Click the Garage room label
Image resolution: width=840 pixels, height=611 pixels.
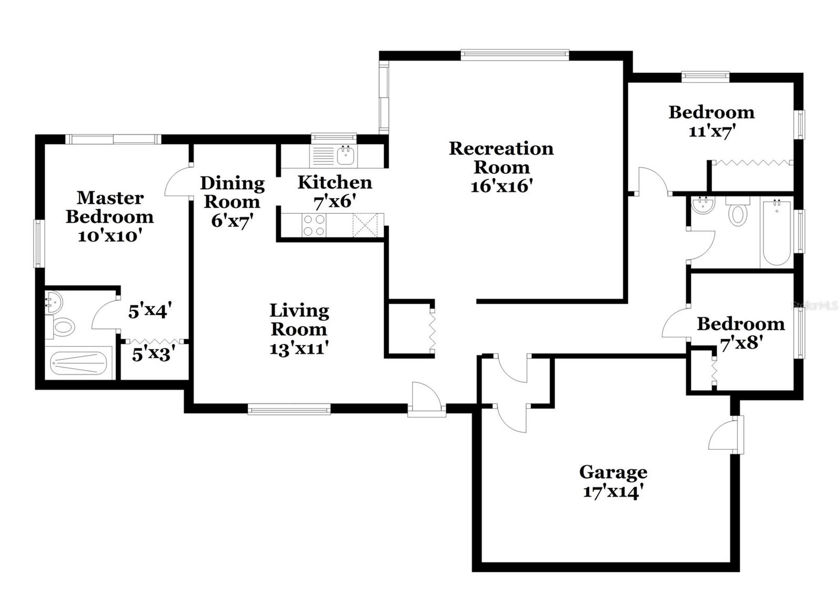click(613, 472)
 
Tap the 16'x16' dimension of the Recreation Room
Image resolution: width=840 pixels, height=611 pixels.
click(501, 186)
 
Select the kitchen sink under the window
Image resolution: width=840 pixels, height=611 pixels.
click(345, 156)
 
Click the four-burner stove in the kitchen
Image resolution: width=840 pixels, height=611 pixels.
click(313, 225)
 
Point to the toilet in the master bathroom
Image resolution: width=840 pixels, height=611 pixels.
click(62, 327)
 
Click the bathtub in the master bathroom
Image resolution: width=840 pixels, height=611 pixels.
click(79, 363)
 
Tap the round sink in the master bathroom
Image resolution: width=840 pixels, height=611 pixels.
click(52, 302)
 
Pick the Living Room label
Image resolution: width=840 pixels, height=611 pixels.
click(299, 320)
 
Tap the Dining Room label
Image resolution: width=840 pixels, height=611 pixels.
click(232, 192)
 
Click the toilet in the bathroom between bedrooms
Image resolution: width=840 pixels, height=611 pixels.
click(738, 214)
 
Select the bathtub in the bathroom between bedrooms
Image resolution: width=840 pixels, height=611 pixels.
click(776, 233)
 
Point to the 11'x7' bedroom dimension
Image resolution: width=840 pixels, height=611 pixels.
click(711, 131)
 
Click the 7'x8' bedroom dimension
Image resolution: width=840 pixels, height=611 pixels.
click(741, 343)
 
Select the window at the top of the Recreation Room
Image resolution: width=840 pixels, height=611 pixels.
click(514, 53)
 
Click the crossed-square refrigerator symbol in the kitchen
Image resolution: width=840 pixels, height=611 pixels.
click(365, 225)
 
